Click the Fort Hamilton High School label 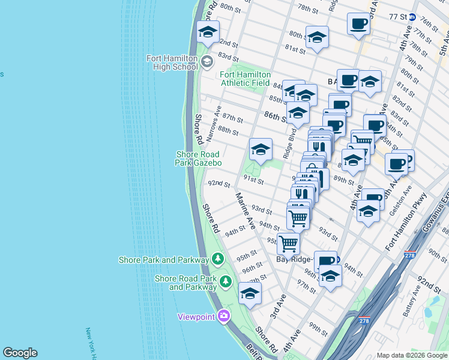[x=172, y=62]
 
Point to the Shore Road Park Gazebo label [x=199, y=158]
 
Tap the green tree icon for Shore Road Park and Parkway [x=226, y=281]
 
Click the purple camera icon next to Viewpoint [x=224, y=316]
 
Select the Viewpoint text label [x=196, y=317]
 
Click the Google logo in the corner [x=20, y=353]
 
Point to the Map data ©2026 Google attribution [x=411, y=355]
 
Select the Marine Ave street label [x=246, y=211]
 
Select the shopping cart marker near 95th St [x=288, y=244]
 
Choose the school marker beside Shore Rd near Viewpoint [x=250, y=293]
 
